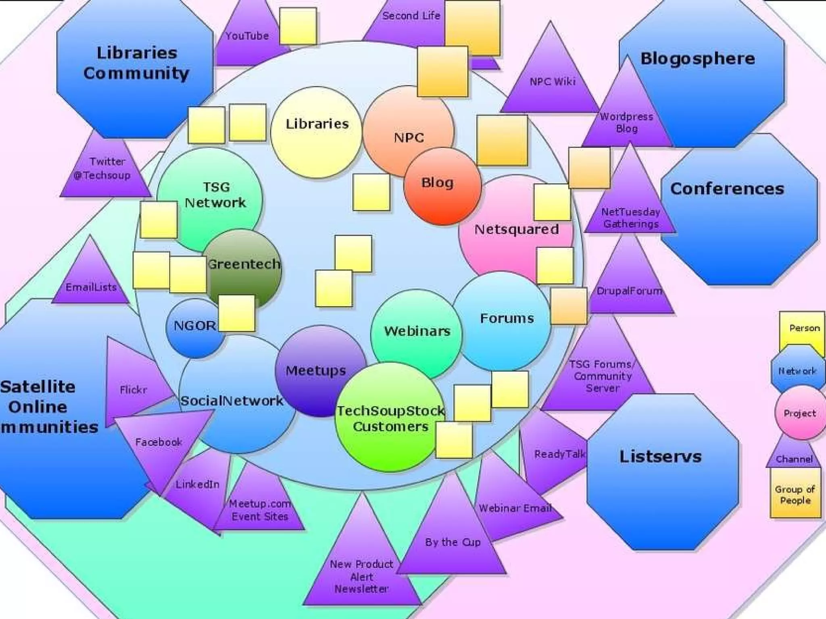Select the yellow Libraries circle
click(317, 133)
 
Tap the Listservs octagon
click(661, 472)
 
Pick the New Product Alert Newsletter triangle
click(362, 572)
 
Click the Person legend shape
click(802, 328)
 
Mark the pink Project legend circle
click(800, 413)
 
